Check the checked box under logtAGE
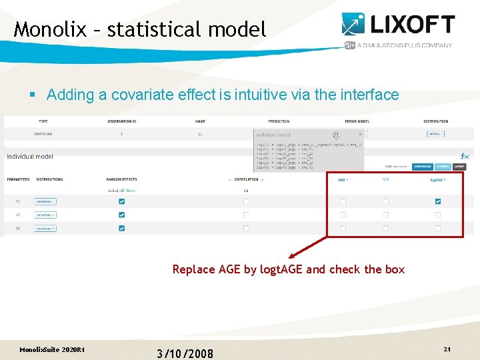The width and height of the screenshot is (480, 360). (x=438, y=201)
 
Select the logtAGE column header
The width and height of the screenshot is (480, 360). (x=437, y=179)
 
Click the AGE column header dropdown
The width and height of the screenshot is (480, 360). (x=343, y=179)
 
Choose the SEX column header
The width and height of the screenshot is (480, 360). (x=385, y=179)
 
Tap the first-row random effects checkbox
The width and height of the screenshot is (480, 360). (x=121, y=201)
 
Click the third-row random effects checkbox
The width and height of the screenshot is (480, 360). (x=121, y=228)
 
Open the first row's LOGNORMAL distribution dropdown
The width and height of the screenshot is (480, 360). (x=45, y=201)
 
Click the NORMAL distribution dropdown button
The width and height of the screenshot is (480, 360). (x=436, y=134)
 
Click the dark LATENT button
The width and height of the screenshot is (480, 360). (x=460, y=167)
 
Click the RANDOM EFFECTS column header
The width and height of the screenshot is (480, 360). (x=121, y=179)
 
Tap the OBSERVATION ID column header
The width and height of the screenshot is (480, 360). (x=121, y=121)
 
